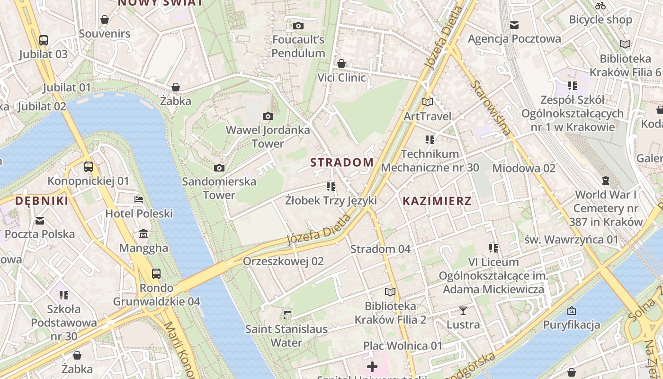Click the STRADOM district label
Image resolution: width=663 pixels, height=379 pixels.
pos(342,162)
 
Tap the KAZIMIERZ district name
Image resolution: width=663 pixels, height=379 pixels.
pos(437,201)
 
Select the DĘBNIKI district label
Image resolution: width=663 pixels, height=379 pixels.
pos(42,201)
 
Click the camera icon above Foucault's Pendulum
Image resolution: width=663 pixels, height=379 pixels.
pos(298,26)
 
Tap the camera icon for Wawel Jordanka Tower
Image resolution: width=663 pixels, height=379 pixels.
pos(268,116)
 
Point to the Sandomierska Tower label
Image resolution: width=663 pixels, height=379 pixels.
pos(219,188)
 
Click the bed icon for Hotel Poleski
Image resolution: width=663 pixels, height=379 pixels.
pos(139,199)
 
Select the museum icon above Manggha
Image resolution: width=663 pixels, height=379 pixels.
pos(143,234)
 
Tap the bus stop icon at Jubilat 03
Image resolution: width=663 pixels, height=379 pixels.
pos(44,40)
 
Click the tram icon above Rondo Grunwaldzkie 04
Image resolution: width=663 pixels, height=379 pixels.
pos(156,273)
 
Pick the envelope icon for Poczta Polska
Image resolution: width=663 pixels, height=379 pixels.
pos(40,220)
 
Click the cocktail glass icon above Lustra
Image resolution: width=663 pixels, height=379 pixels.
pos(463,311)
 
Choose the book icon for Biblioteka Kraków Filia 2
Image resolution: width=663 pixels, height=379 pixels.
pos(390,292)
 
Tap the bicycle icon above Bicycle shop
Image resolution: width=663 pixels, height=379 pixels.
pos(600,6)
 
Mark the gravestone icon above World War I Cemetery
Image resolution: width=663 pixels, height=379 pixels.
pos(605,180)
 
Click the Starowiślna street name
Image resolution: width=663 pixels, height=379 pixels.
pos(491,108)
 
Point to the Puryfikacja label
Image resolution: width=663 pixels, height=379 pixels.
pos(572,325)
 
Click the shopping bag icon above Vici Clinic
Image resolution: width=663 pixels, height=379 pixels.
pos(341,63)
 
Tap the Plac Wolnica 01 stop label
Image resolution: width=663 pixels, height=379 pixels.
pos(403,346)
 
